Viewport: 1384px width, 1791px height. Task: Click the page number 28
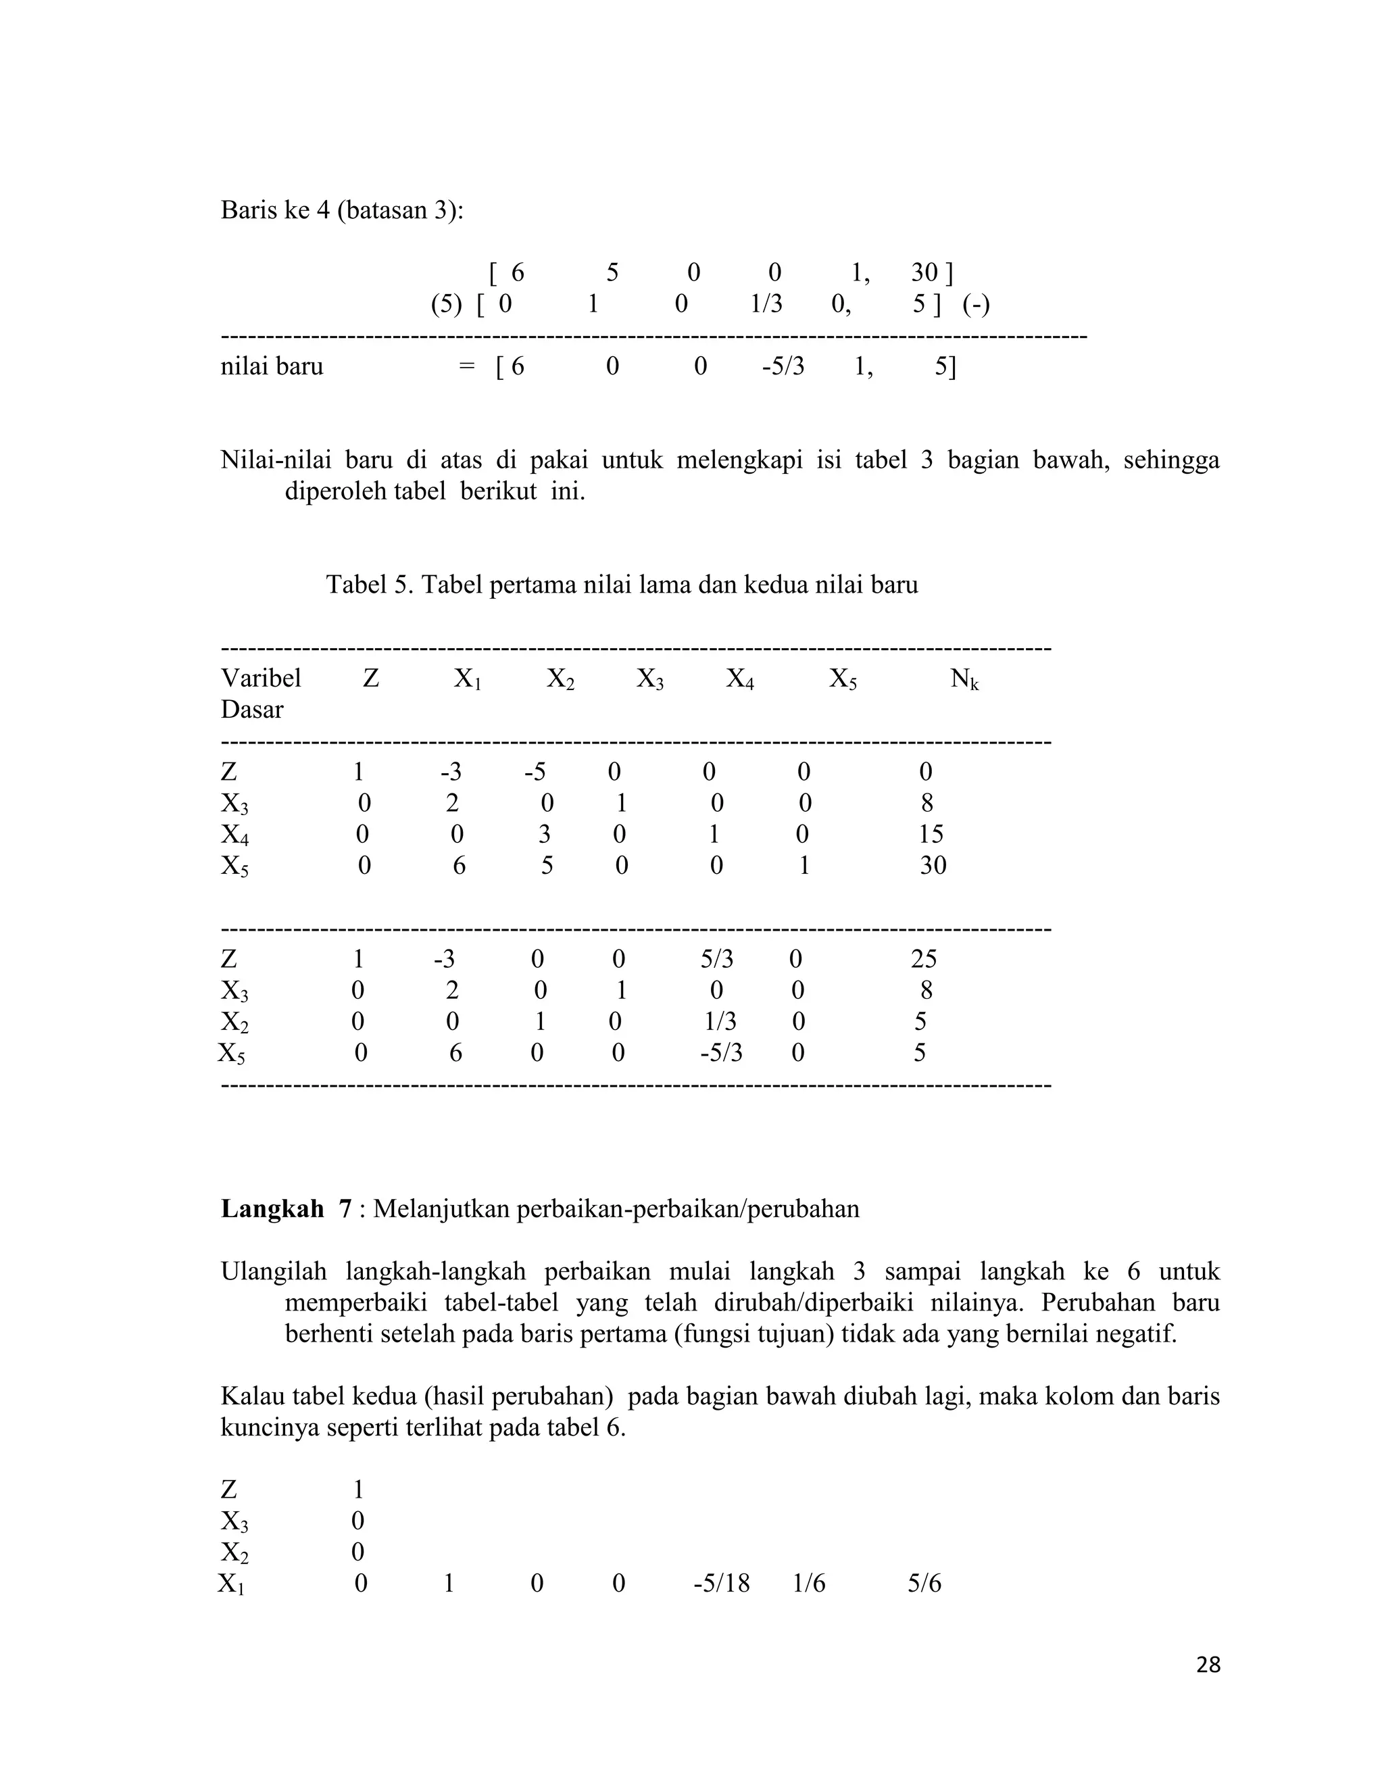[x=1208, y=1665]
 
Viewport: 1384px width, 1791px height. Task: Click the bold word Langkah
[x=272, y=1209]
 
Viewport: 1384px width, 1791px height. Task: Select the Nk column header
[x=964, y=679]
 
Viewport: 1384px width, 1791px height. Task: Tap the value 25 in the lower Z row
[x=923, y=958]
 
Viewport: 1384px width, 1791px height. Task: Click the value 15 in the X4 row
[x=931, y=834]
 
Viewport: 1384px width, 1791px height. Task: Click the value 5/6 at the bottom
[x=924, y=1583]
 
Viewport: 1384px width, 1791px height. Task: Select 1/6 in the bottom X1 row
[x=808, y=1583]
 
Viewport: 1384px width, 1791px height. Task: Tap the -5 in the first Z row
[x=535, y=772]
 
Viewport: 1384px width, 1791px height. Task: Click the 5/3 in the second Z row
[x=716, y=958]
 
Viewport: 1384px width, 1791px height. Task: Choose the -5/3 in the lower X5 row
[x=720, y=1052]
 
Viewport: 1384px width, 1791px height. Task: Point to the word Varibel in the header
[x=261, y=678]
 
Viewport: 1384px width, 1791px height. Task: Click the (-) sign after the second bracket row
[x=976, y=305]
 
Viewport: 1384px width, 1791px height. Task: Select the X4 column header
[x=739, y=679]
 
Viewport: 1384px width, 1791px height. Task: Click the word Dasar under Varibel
[x=251, y=710]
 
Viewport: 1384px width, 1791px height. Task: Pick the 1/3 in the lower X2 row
[x=720, y=1021]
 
